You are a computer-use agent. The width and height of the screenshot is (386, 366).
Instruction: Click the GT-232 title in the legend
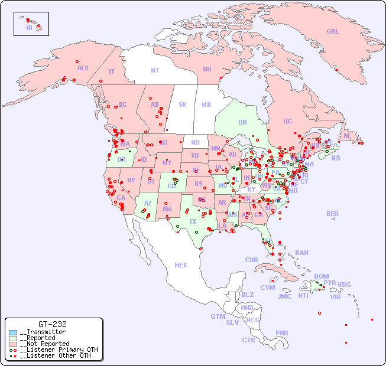(53, 324)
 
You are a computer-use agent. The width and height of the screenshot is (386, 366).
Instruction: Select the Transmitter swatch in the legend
(13, 332)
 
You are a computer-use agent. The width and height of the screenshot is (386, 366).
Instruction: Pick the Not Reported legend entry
(44, 344)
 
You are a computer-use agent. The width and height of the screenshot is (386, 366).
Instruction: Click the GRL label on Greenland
(333, 32)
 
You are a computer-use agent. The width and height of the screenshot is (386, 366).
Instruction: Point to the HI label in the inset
(29, 28)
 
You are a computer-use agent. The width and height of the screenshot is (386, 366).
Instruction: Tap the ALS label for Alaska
(83, 68)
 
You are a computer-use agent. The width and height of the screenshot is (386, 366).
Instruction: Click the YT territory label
(111, 71)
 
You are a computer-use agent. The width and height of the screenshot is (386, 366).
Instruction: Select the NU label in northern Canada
(207, 69)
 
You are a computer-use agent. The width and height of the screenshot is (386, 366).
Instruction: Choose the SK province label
(183, 104)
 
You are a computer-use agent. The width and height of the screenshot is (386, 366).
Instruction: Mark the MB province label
(206, 104)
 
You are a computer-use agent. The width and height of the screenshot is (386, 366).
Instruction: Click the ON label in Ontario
(242, 122)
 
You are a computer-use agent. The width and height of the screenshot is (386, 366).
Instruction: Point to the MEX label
(181, 265)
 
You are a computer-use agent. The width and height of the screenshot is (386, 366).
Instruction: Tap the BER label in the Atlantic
(333, 214)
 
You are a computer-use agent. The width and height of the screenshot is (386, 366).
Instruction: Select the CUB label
(251, 260)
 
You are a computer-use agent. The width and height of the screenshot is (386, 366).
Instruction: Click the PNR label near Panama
(282, 333)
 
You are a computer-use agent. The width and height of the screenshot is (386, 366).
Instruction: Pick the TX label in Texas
(193, 221)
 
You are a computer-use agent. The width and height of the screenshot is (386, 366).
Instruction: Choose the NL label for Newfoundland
(347, 135)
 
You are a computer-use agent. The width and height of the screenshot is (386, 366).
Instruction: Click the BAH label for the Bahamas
(301, 253)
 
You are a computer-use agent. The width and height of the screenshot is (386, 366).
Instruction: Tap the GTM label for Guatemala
(218, 316)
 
